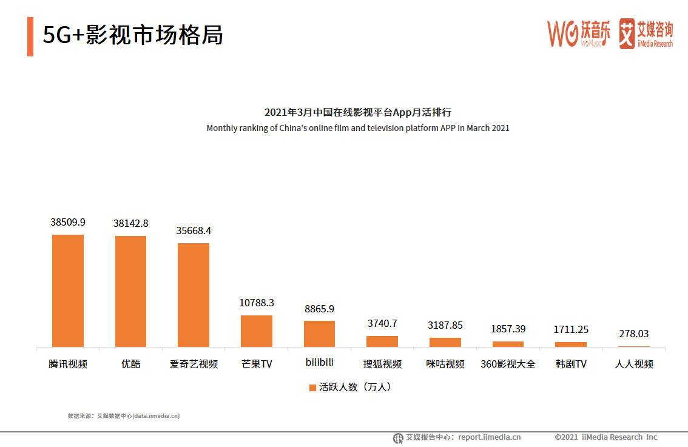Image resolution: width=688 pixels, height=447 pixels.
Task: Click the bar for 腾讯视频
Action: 68,291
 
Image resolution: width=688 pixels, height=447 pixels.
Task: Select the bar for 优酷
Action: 131,291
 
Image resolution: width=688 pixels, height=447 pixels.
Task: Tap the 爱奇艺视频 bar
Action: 194,295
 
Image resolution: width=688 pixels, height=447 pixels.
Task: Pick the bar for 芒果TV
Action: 257,331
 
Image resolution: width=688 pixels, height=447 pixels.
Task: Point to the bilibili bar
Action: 319,334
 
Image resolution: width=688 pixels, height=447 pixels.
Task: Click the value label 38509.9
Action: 68,223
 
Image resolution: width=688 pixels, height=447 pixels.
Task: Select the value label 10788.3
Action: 257,303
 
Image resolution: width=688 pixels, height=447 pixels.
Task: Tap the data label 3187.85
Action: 445,325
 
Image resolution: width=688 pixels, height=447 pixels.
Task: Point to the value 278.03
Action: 634,334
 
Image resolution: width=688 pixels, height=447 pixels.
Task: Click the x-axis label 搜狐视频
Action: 382,364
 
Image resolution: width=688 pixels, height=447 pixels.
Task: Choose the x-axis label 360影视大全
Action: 508,364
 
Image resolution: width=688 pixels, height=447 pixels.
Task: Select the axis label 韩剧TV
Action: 571,364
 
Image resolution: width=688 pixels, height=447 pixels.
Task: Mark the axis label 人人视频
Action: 634,364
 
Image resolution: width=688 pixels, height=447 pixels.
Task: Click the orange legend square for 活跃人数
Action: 312,388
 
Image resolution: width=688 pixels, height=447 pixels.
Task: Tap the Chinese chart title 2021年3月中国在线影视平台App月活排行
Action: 358,112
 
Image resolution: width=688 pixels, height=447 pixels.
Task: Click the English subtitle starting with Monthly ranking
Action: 358,128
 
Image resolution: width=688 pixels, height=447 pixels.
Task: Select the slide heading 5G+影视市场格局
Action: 133,35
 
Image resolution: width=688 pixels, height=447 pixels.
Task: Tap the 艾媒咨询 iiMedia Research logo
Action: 646,33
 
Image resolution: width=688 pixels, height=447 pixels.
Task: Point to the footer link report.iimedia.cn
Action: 489,437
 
